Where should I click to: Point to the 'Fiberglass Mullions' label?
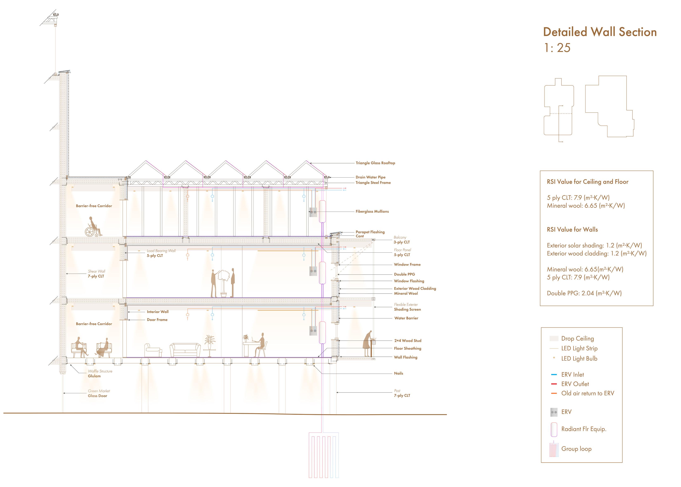click(x=372, y=211)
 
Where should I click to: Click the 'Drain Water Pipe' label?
click(x=370, y=177)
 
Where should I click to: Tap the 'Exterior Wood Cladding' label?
click(x=415, y=288)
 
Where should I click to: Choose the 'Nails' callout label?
click(x=398, y=373)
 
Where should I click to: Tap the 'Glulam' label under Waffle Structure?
click(x=94, y=376)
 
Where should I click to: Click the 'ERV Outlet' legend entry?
click(x=575, y=384)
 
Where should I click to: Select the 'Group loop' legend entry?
click(x=576, y=449)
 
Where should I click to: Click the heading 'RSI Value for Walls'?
click(x=572, y=230)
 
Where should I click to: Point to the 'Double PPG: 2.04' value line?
click(x=584, y=293)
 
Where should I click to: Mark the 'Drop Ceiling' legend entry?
click(x=577, y=339)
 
